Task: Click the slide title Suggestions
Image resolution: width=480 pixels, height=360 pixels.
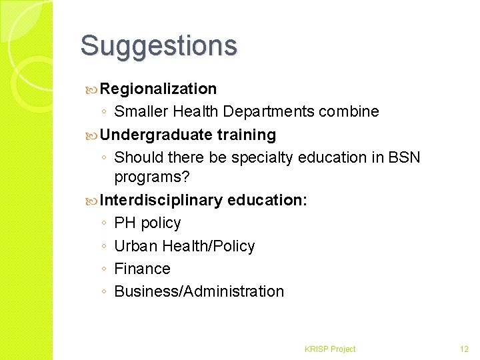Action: pyautogui.click(x=159, y=46)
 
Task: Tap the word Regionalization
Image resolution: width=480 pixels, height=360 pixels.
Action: pyautogui.click(x=159, y=89)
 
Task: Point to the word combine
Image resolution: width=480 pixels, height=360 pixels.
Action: pyautogui.click(x=349, y=112)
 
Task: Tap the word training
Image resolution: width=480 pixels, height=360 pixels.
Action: pyautogui.click(x=247, y=135)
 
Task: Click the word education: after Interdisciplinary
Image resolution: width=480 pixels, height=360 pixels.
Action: pyautogui.click(x=267, y=200)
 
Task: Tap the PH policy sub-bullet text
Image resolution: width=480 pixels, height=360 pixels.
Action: pyautogui.click(x=147, y=223)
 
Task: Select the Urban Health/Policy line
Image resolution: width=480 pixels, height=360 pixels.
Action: pyautogui.click(x=185, y=246)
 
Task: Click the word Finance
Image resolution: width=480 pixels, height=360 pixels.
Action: pyautogui.click(x=143, y=269)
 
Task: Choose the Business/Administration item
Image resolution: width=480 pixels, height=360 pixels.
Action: pyautogui.click(x=199, y=291)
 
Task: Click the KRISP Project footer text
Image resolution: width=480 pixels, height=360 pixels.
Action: pyautogui.click(x=330, y=349)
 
